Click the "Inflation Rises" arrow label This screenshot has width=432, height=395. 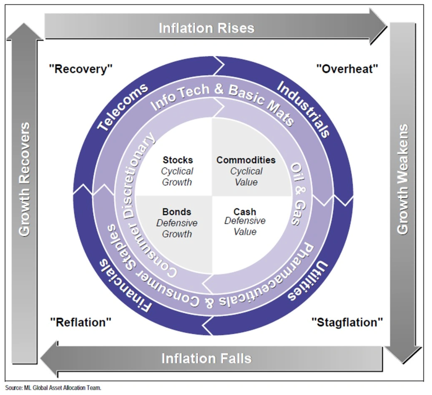pyautogui.click(x=206, y=28)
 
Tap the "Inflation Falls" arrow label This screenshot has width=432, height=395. pyautogui.click(x=206, y=358)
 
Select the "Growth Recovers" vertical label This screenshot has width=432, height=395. pyautogui.click(x=24, y=179)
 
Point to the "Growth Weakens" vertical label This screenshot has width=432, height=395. pyautogui.click(x=403, y=179)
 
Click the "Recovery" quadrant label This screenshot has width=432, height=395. pyautogui.click(x=81, y=68)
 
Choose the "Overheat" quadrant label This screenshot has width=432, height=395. pyautogui.click(x=347, y=68)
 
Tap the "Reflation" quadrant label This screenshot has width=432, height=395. pyautogui.click(x=81, y=322)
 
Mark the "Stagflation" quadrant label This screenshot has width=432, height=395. pyautogui.click(x=347, y=322)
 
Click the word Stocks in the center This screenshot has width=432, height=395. pyautogui.click(x=177, y=160)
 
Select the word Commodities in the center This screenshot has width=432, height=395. pyautogui.click(x=246, y=160)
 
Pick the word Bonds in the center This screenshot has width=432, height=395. pyautogui.click(x=176, y=212)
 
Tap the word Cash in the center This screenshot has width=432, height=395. pyautogui.click(x=245, y=212)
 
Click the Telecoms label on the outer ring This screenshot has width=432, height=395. pyautogui.click(x=122, y=106)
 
